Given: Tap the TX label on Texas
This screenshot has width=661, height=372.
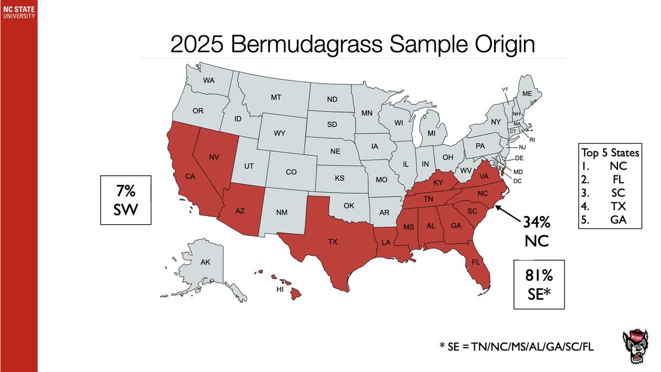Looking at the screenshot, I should [333, 241].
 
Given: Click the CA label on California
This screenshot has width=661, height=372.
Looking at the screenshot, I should [190, 177].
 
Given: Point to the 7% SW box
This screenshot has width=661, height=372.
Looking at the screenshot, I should [126, 200].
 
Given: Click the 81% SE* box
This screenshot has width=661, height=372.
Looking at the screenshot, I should [539, 283].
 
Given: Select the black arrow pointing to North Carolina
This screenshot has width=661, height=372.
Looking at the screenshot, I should [507, 213].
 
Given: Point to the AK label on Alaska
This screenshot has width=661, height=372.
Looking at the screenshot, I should [205, 262].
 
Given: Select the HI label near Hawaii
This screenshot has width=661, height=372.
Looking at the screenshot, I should [279, 289].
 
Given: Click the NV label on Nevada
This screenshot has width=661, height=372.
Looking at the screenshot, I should [214, 158].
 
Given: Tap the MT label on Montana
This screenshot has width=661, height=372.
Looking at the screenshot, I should [276, 98].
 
